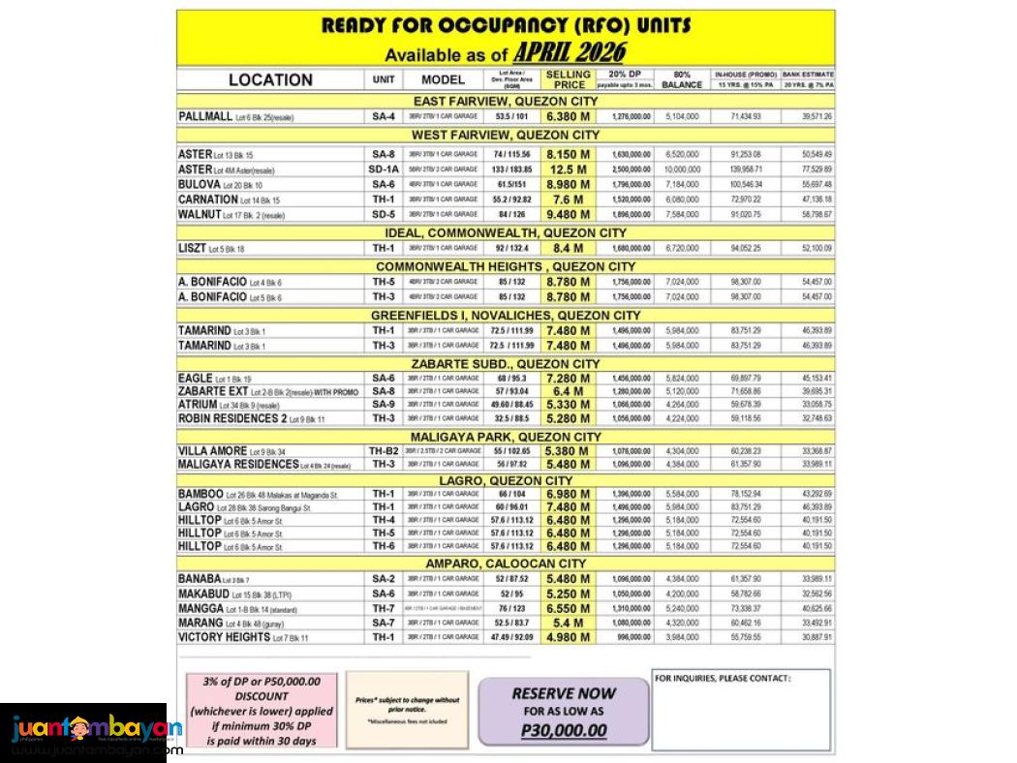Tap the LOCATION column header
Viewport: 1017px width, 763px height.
270,79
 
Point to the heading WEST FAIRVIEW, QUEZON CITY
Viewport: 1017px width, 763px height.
506,135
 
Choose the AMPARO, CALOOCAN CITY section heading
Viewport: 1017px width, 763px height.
506,564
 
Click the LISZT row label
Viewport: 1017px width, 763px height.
193,249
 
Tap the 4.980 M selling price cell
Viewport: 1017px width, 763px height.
568,637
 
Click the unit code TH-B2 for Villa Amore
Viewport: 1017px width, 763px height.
383,451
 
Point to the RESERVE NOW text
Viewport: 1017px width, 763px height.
563,693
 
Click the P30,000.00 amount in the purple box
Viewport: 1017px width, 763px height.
563,730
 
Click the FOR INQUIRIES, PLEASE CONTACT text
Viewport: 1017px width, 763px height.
723,679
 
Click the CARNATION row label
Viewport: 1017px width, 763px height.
208,199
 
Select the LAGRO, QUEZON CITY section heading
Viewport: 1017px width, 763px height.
506,480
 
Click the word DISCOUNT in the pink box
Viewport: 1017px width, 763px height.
261,696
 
